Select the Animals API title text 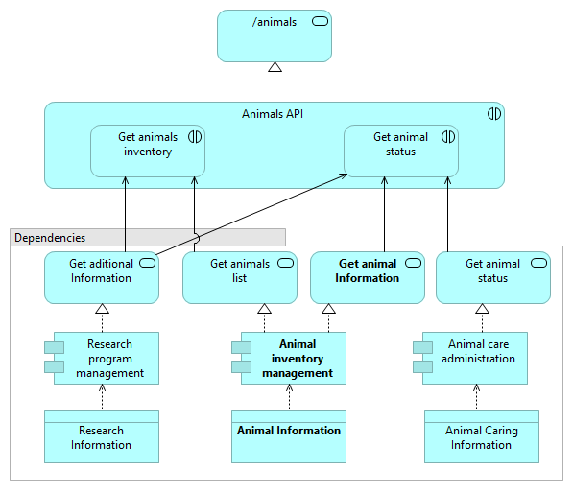pos(274,114)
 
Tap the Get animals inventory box pos(148,151)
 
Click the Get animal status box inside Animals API pos(400,151)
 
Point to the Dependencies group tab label pos(50,237)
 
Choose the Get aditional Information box pos(102,277)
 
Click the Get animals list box pos(240,277)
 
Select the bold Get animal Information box pos(367,277)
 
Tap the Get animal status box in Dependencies pos(492,277)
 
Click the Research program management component pos(105,359)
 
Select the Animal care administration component pos(479,359)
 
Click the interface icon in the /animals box pos(321,22)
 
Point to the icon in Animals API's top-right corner pos(493,114)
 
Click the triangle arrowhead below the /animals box pos(275,67)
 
